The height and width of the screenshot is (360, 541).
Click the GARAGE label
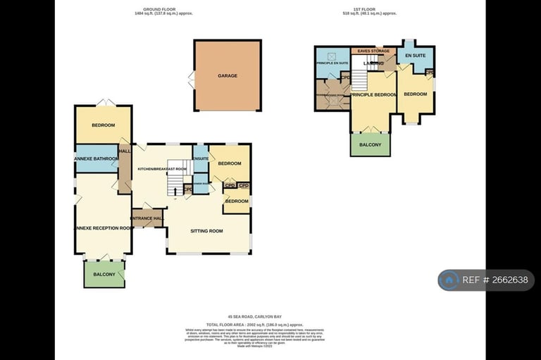click(x=227, y=75)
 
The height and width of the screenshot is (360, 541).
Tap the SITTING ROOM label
click(x=206, y=230)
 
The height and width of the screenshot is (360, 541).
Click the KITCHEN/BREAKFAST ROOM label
click(x=162, y=169)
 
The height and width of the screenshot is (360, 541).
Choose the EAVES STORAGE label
click(x=373, y=51)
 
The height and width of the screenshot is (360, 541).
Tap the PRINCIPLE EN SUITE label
click(x=332, y=63)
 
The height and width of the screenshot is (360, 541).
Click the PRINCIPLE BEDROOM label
click(x=373, y=94)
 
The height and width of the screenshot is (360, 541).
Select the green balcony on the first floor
click(x=370, y=144)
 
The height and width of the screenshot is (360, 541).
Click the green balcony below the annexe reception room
click(x=104, y=273)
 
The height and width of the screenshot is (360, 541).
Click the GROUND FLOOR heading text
click(x=163, y=10)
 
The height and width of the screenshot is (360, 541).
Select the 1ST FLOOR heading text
click(x=369, y=10)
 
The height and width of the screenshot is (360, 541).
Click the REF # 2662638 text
click(x=495, y=280)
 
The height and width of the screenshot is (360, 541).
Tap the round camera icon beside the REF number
click(x=449, y=280)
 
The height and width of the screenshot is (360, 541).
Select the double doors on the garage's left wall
click(x=191, y=79)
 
